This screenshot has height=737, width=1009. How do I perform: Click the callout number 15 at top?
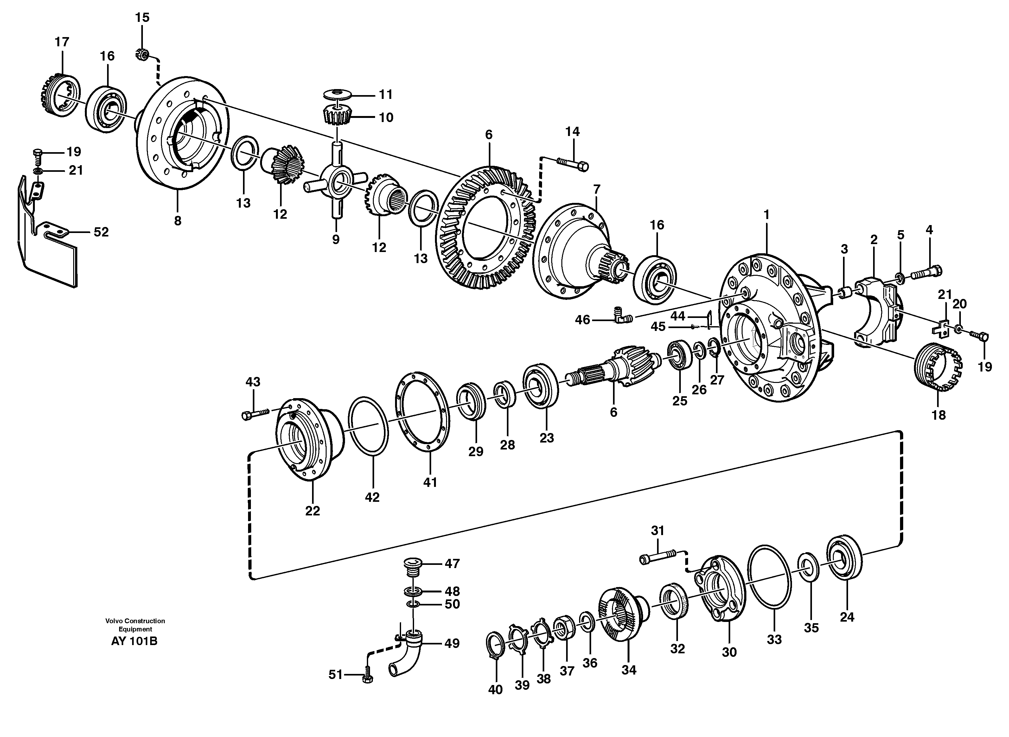click(x=142, y=18)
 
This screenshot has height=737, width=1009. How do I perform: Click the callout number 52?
click(x=101, y=232)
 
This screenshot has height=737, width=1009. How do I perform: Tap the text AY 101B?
click(x=134, y=642)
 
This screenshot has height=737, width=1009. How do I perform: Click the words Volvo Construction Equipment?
click(x=135, y=625)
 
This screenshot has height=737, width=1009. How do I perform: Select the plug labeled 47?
click(x=414, y=566)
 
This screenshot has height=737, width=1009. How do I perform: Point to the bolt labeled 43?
click(x=255, y=414)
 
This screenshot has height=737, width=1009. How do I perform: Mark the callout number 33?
click(x=775, y=640)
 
